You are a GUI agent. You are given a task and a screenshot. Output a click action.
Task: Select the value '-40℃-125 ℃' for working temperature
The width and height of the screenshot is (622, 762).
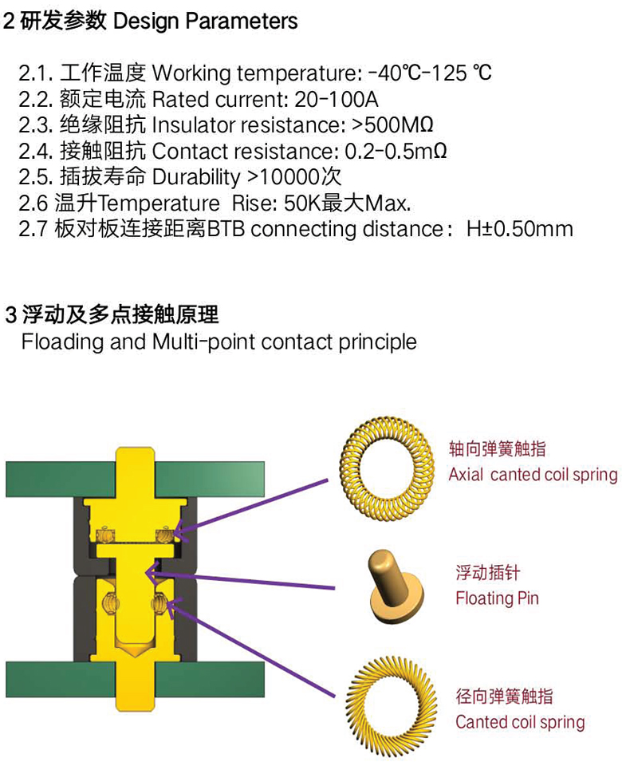(430, 73)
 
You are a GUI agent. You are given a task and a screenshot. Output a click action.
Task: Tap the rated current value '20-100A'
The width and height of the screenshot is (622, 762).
(336, 99)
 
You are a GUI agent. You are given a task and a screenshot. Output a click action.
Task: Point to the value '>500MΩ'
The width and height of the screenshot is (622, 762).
(392, 125)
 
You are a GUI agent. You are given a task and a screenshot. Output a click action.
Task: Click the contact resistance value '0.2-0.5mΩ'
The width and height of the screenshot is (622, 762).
(396, 151)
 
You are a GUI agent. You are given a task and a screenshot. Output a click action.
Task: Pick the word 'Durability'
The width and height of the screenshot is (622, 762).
(196, 177)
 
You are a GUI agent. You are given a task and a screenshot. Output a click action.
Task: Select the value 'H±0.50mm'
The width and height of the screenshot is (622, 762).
(520, 229)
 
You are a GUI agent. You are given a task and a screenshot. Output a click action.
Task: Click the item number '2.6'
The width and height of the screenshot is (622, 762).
(33, 203)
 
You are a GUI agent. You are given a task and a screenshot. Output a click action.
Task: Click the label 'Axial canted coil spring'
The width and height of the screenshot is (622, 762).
(533, 474)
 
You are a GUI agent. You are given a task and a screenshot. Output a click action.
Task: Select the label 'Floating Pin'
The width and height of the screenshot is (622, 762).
(498, 598)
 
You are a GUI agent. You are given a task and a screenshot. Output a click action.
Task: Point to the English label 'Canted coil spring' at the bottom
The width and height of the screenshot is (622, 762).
(520, 722)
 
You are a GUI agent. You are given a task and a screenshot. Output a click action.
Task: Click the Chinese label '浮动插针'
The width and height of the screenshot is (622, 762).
(487, 572)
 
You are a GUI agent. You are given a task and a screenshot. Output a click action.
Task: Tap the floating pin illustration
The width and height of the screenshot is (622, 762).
(396, 589)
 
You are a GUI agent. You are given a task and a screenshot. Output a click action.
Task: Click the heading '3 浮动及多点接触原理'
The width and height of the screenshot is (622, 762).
(112, 315)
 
